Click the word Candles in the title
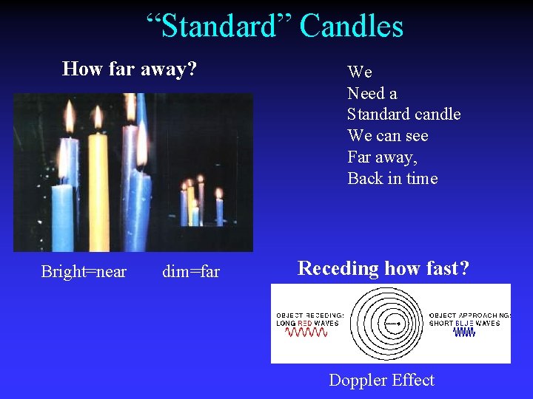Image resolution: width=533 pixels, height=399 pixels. coord(352,27)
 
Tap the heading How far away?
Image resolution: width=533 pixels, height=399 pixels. coord(130,69)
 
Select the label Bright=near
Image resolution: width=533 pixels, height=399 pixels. coord(84,271)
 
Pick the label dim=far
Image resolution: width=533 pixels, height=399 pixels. coord(191,271)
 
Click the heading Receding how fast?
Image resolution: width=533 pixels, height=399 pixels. coord(383,268)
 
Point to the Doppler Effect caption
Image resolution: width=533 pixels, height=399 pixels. coord(381,380)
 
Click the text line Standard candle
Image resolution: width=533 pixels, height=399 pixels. coord(404,114)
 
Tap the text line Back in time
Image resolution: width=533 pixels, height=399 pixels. coord(392,178)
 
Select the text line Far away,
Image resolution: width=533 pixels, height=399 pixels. coord(382,157)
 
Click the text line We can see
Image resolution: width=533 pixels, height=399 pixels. coord(388,135)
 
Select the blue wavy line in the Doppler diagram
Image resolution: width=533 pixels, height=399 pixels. coord(464,332)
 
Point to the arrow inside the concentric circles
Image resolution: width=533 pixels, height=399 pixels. coord(394,322)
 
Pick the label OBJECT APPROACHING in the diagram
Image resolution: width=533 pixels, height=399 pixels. coord(469,315)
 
